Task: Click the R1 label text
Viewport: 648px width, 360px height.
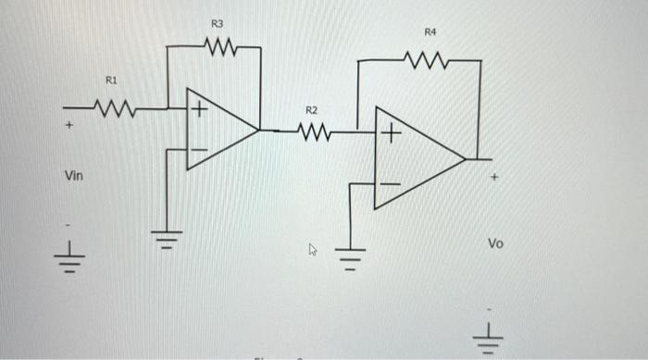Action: point(110,81)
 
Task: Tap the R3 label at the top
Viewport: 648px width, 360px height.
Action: point(217,21)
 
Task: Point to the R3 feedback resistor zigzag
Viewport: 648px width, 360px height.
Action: point(221,45)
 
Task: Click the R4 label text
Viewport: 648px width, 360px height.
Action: point(430,32)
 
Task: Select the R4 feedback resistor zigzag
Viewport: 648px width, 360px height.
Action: point(428,62)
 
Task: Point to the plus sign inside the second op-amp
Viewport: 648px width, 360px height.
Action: point(390,135)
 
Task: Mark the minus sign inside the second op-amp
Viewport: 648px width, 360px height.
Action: point(390,185)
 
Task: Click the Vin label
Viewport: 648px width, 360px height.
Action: point(73,175)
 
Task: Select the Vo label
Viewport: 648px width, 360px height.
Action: point(496,243)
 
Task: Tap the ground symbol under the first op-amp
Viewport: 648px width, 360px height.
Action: point(168,240)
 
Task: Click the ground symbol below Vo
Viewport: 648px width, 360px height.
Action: point(492,340)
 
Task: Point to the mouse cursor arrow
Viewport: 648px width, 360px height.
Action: point(313,248)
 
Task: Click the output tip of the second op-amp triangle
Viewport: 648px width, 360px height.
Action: point(466,159)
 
